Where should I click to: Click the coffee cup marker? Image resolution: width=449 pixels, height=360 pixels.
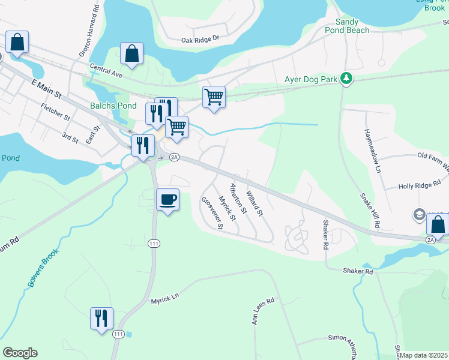click(x=167, y=199)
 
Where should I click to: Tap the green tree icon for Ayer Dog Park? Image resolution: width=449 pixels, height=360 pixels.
click(x=346, y=79)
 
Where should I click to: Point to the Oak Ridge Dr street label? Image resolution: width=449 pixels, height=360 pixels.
click(x=200, y=40)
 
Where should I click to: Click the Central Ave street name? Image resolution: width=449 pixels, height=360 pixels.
click(x=106, y=71)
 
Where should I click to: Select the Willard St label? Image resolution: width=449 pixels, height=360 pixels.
click(x=255, y=200)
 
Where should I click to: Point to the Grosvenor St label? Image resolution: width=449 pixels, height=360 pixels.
click(x=212, y=213)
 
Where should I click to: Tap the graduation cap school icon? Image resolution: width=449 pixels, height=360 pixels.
click(x=419, y=214)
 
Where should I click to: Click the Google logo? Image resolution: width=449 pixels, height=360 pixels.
click(x=20, y=353)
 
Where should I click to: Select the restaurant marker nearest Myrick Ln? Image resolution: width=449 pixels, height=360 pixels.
click(x=101, y=318)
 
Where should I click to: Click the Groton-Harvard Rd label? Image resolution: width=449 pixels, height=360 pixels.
click(x=89, y=29)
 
